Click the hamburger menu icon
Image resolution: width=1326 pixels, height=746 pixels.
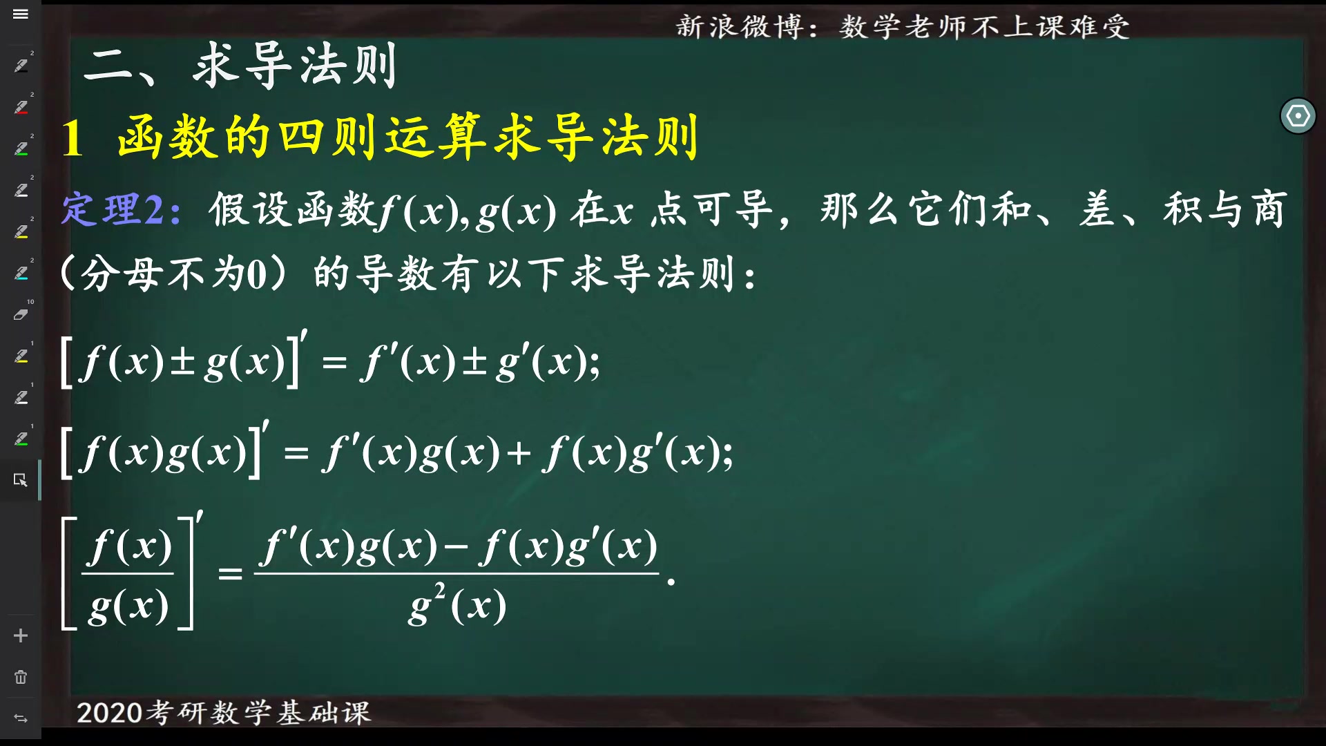(x=21, y=14)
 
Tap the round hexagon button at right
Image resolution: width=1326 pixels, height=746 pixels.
(x=1298, y=116)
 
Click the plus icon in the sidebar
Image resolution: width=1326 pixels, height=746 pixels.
(x=21, y=635)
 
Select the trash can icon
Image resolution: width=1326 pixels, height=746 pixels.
(x=21, y=677)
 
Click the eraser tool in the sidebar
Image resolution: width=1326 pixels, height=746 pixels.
(x=21, y=314)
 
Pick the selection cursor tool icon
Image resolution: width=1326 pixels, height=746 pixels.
(x=21, y=479)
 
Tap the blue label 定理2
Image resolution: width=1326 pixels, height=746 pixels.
(x=121, y=210)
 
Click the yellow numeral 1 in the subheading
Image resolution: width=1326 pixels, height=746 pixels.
(x=73, y=138)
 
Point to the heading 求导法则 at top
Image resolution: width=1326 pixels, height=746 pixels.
(x=294, y=66)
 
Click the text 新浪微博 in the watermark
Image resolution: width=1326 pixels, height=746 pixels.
(x=739, y=28)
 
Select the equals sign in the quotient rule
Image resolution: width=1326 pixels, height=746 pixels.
(x=230, y=573)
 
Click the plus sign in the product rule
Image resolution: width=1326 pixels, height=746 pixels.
(x=518, y=454)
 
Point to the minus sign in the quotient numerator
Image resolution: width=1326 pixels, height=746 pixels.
(x=455, y=548)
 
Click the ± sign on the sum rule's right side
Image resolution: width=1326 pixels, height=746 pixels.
(x=474, y=363)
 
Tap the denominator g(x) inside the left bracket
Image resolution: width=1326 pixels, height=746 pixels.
(x=128, y=606)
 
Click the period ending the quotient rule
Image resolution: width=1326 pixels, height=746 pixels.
(x=671, y=582)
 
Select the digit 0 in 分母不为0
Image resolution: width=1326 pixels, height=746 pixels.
(x=256, y=275)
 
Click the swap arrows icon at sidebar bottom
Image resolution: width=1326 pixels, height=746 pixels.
(x=21, y=718)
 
